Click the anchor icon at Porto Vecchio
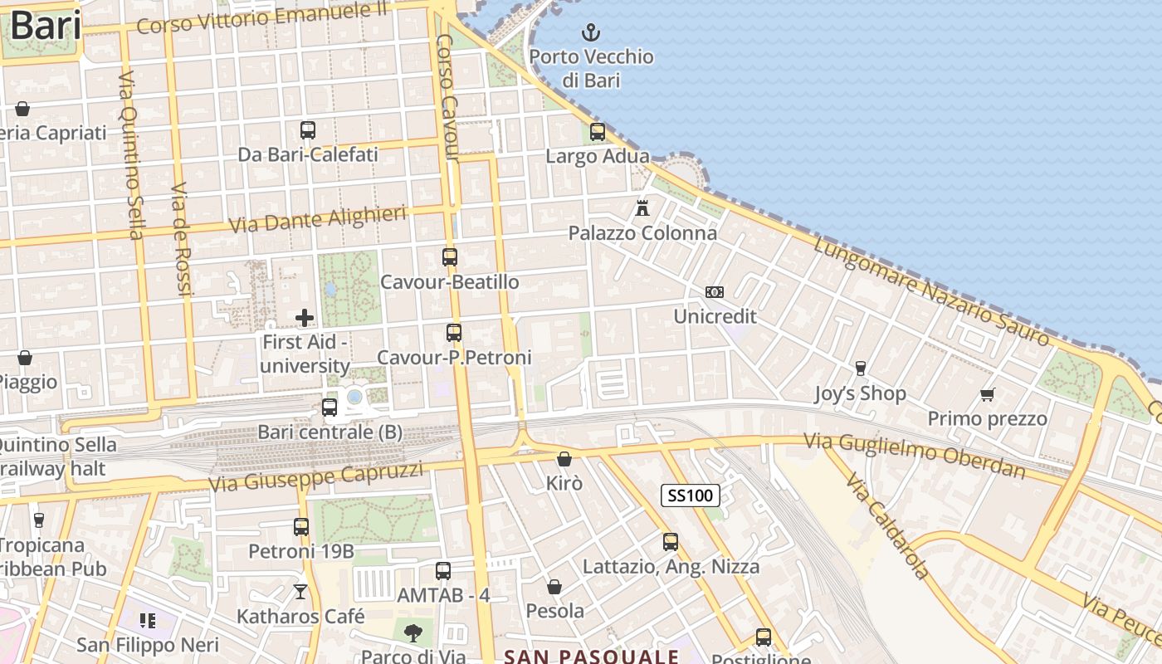[590, 32]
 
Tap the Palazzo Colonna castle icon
[642, 208]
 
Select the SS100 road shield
[690, 496]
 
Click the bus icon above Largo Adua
[597, 131]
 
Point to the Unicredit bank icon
[714, 292]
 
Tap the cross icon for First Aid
[305, 317]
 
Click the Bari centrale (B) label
[330, 432]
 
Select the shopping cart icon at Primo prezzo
[987, 394]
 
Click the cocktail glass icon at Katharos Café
[300, 591]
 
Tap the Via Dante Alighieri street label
[317, 219]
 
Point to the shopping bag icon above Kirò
[564, 458]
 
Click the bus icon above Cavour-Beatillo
[449, 256]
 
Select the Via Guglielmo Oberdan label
[914, 456]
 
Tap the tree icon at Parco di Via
[413, 633]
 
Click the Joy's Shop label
[859, 393]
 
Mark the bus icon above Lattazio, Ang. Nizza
[670, 541]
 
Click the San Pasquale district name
[591, 657]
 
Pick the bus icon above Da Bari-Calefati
[307, 129]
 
